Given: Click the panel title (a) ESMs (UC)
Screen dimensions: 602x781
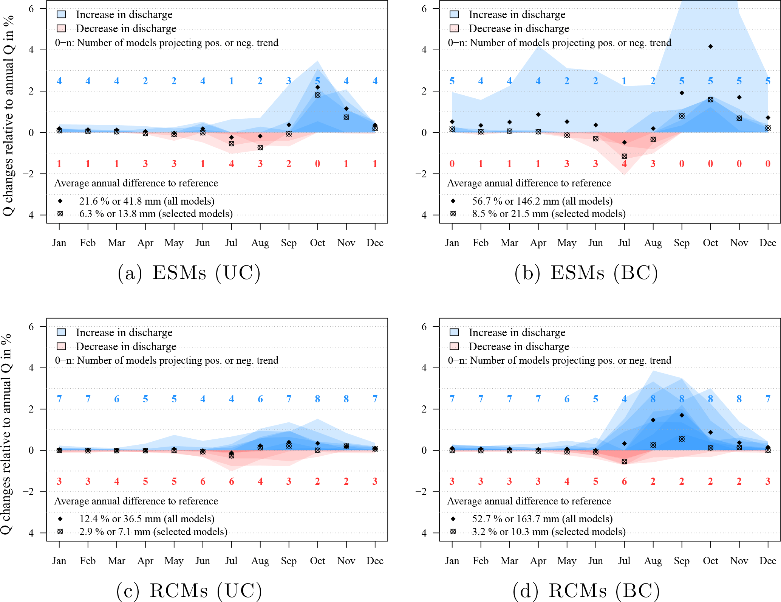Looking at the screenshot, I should point(189,273).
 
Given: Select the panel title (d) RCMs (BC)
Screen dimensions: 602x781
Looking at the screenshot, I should point(586,591).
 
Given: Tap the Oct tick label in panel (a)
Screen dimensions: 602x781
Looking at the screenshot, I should point(317,243).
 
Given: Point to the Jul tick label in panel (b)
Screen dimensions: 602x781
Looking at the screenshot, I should point(624,243).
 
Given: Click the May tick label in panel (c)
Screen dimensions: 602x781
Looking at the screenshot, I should point(174,561).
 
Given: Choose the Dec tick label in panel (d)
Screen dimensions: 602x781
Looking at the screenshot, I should point(768,561).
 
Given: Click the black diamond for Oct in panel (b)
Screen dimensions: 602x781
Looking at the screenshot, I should point(710,47).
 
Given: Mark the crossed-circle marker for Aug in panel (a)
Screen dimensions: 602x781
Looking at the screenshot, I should point(260,147).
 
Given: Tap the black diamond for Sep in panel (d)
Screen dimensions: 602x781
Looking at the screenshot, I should point(682,415).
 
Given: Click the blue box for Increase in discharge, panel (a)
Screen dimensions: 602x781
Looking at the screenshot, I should point(61,14).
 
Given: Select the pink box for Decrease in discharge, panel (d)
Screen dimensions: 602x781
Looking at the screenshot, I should point(454,346).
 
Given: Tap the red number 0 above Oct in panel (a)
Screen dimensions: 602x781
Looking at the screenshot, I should point(317,164).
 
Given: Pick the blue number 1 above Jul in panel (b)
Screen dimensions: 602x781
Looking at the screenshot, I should point(624,81).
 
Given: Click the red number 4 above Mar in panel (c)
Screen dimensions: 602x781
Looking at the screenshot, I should point(116,481).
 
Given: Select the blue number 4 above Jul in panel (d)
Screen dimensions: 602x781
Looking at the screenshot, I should point(624,399).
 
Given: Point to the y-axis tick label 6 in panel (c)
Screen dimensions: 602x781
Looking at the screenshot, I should point(31,327).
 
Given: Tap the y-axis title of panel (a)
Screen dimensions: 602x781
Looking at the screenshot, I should point(8,115).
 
